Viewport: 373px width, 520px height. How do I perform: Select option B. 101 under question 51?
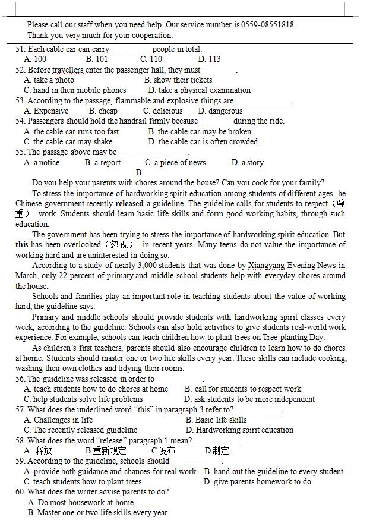(97, 59)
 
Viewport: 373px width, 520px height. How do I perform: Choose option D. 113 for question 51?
(209, 59)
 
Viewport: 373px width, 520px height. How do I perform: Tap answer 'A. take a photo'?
(49, 80)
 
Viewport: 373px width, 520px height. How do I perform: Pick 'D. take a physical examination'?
(199, 90)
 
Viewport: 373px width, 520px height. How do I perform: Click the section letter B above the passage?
(138, 173)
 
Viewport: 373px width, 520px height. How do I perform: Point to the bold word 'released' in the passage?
(129, 204)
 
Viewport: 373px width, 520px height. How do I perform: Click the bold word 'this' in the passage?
(22, 245)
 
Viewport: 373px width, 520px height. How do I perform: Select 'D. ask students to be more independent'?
(249, 399)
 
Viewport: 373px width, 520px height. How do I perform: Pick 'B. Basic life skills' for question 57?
(216, 420)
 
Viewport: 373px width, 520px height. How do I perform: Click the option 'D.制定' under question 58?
(217, 451)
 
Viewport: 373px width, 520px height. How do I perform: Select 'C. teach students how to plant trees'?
(83, 482)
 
